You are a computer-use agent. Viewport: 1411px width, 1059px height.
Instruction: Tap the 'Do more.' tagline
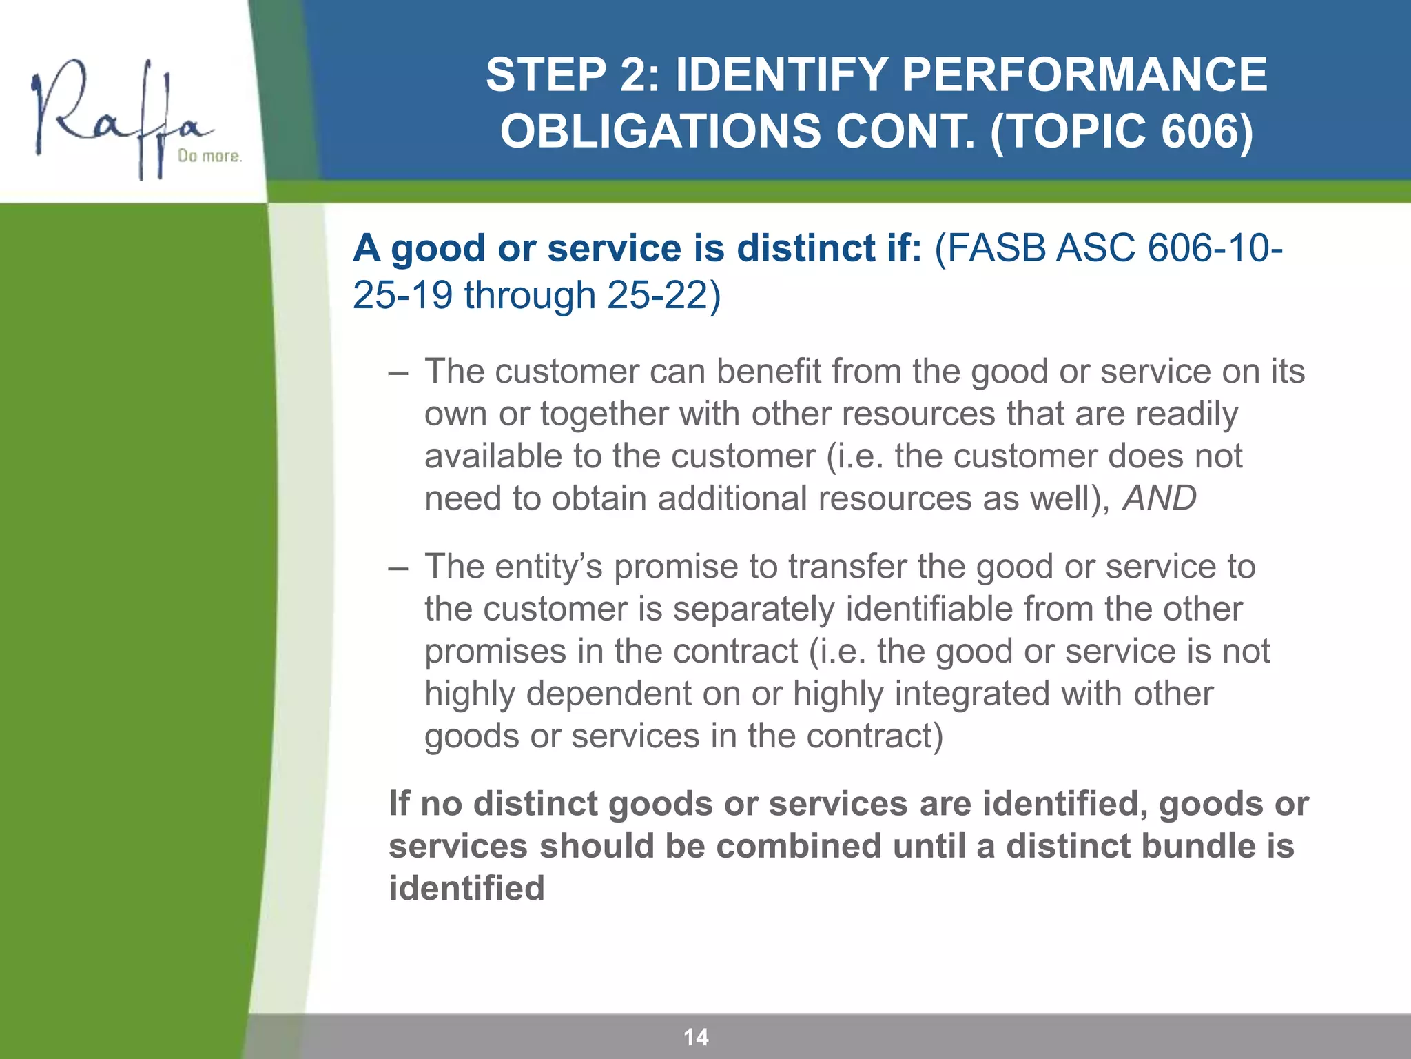[209, 157]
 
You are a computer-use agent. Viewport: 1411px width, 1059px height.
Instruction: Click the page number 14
[696, 1037]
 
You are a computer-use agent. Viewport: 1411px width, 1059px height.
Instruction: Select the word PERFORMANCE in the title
[1084, 74]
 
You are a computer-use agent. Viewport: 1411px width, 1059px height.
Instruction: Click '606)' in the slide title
[1206, 131]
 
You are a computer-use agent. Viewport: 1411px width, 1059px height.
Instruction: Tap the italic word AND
[1160, 498]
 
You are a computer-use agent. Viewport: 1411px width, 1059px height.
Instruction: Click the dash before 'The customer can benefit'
[398, 373]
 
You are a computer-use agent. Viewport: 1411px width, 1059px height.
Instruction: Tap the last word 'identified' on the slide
[466, 888]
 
